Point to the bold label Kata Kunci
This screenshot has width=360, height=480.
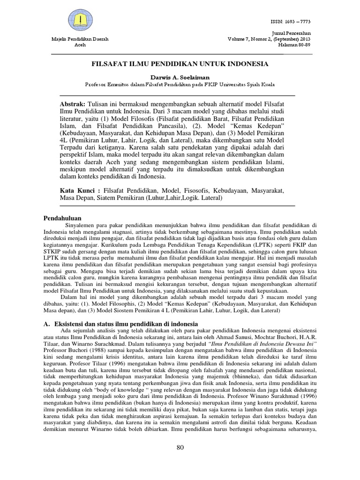pos(81,191)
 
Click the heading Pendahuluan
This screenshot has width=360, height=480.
pos(62,218)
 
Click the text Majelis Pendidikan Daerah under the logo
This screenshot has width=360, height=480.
pos(80,40)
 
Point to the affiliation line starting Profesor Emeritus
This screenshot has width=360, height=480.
pos(180,85)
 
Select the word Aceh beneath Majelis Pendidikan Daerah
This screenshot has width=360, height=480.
pos(80,45)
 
